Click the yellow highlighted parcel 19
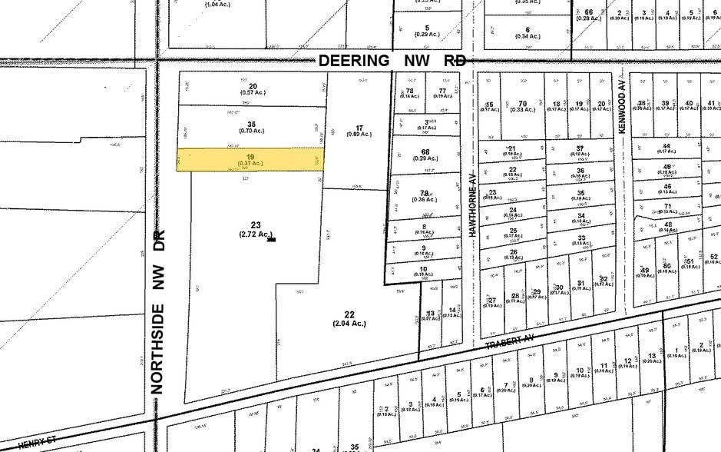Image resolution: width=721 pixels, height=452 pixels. (250, 159)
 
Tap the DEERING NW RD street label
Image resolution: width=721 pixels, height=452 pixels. (392, 60)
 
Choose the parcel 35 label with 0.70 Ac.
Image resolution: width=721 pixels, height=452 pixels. (251, 128)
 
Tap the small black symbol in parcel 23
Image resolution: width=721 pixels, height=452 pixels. (270, 240)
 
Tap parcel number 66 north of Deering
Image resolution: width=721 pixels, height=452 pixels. (589, 12)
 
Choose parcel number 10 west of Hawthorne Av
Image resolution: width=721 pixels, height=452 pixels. (423, 270)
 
